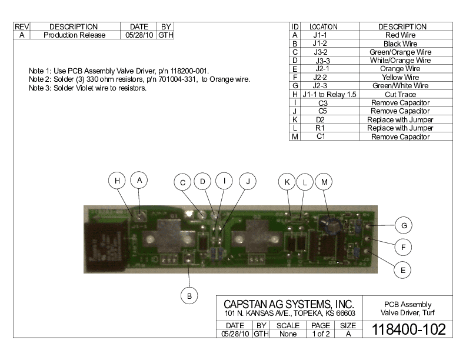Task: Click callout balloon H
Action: click(118, 181)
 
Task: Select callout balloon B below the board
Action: click(189, 296)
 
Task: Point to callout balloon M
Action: click(324, 182)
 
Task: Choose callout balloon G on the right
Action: click(403, 225)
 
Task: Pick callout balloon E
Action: click(402, 270)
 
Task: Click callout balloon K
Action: click(287, 182)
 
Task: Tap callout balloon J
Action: click(248, 182)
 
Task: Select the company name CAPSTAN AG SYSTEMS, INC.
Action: click(288, 304)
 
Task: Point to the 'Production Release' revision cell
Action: click(75, 35)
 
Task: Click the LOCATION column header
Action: click(323, 27)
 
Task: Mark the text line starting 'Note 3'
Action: click(88, 88)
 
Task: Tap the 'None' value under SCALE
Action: click(288, 334)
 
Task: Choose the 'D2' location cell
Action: click(321, 119)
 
